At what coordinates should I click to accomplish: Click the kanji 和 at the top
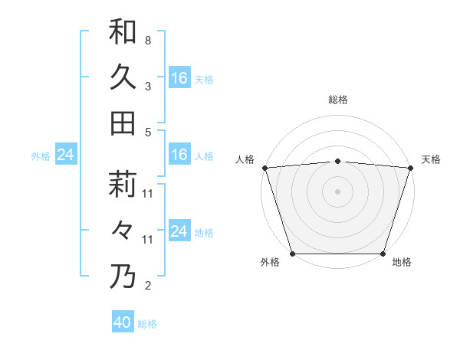(x=123, y=31)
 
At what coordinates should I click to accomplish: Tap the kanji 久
(x=123, y=77)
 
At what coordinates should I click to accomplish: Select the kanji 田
(x=123, y=123)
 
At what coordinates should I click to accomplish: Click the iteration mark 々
(x=123, y=231)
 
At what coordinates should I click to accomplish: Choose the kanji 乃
(x=123, y=277)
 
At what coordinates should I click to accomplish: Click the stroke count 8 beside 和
(x=147, y=40)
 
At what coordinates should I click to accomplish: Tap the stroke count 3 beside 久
(x=147, y=86)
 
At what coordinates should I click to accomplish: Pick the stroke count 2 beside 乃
(x=147, y=286)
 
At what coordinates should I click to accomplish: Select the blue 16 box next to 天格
(x=179, y=78)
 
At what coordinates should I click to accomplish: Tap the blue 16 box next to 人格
(x=179, y=155)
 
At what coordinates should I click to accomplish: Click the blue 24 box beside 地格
(x=179, y=231)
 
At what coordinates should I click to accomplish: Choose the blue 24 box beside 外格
(x=65, y=155)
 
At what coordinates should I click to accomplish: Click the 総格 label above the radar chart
(x=337, y=100)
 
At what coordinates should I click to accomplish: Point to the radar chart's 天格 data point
(x=410, y=168)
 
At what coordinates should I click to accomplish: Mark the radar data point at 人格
(x=264, y=168)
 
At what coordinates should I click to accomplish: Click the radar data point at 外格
(x=292, y=254)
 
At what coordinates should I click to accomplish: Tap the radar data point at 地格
(x=383, y=254)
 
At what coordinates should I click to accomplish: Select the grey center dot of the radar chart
(x=337, y=191)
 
